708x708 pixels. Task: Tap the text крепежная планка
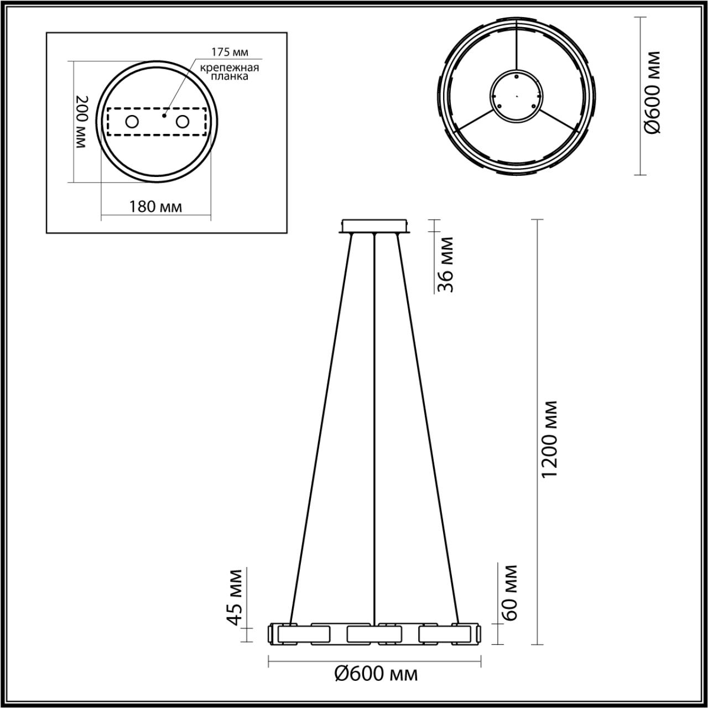click(x=230, y=72)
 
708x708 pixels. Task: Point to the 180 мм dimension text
click(x=155, y=207)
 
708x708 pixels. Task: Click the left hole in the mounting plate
click(x=132, y=122)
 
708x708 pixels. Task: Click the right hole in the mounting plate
click(x=182, y=122)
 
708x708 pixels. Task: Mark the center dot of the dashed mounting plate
click(x=164, y=116)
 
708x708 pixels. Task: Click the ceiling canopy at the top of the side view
click(x=375, y=226)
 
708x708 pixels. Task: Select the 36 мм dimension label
click(x=445, y=264)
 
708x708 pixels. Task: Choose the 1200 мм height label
click(x=551, y=440)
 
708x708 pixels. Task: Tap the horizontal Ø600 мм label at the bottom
click(x=376, y=674)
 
